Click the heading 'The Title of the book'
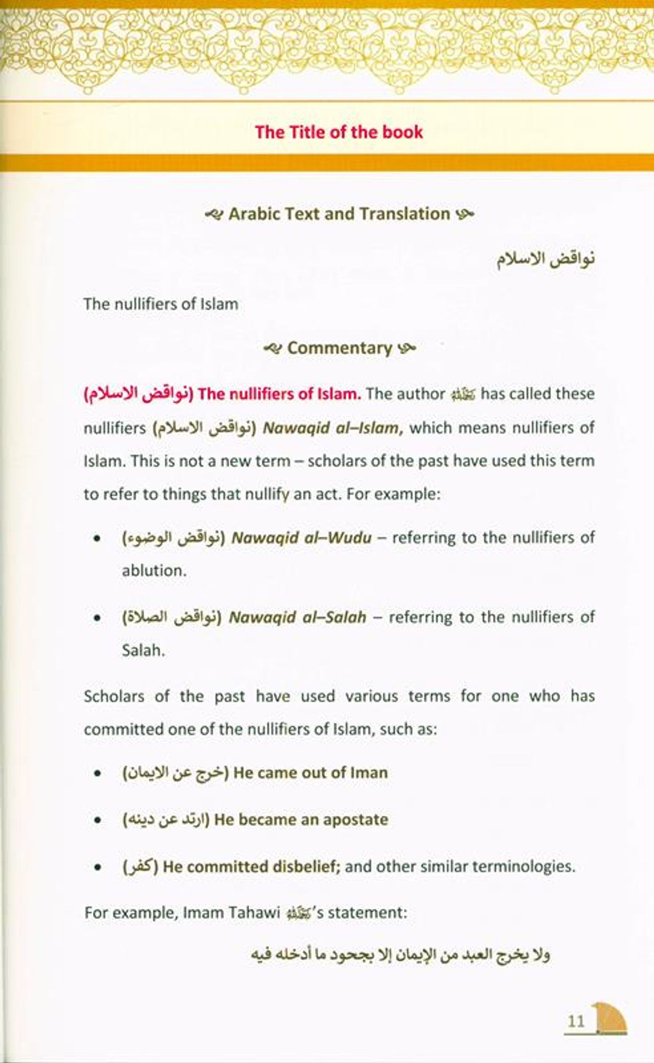(x=339, y=132)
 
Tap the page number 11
(x=576, y=1021)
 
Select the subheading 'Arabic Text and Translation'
(x=339, y=214)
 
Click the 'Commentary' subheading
(x=339, y=348)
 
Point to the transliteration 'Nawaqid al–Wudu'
(x=301, y=537)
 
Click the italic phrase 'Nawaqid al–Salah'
(x=297, y=617)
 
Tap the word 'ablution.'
(x=154, y=571)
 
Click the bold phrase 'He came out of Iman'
(x=311, y=772)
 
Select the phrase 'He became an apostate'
(x=301, y=820)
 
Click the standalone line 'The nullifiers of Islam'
(x=161, y=304)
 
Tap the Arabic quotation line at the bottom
(x=401, y=955)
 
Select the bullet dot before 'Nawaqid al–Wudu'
(x=96, y=538)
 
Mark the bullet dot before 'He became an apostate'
(x=96, y=821)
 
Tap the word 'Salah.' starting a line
(x=144, y=650)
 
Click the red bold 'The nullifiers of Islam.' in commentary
(x=279, y=394)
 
